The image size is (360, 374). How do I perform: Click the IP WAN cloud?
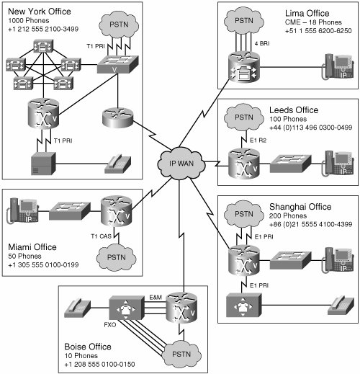coord(181,163)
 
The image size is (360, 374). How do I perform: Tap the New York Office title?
coord(40,12)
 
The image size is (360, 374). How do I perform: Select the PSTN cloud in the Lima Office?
coord(243,20)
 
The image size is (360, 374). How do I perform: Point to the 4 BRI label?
coord(262,43)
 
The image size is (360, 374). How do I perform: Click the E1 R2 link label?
coord(258,141)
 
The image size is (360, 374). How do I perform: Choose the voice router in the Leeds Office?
coord(244,164)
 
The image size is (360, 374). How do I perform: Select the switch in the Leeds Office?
coord(291,164)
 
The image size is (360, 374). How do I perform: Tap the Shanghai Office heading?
coord(300,207)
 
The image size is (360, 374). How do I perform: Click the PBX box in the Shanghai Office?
coord(244,305)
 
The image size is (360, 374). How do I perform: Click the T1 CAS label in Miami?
coord(101,236)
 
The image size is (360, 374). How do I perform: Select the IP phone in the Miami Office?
coord(23,210)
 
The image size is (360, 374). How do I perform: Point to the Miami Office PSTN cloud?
coord(117,257)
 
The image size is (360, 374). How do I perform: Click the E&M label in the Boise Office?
coord(156,298)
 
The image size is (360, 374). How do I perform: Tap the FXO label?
coord(110,325)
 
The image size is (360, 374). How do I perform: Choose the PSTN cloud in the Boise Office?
coord(181,354)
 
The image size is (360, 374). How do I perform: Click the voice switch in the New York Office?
coord(118,64)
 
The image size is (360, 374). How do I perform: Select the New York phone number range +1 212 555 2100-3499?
coord(43,29)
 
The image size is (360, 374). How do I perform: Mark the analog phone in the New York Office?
coord(117,164)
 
